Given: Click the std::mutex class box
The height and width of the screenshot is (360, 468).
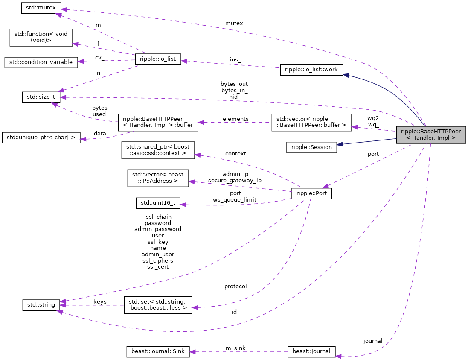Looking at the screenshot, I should tap(41, 8).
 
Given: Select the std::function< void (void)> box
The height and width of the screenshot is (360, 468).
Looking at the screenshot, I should tap(41, 38).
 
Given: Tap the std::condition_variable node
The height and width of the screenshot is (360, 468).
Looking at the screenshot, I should tap(41, 62).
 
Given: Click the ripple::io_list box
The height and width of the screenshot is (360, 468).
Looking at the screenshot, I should tap(158, 59).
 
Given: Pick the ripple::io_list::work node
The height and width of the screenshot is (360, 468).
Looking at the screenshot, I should tap(311, 70).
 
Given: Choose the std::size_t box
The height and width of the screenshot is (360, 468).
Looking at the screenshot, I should tap(41, 97).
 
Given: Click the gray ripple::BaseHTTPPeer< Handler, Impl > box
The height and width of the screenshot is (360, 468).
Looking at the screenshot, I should tap(431, 135).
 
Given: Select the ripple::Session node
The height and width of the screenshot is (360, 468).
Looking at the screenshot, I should tap(311, 147).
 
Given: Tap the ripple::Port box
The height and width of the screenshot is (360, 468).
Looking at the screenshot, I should tap(311, 193).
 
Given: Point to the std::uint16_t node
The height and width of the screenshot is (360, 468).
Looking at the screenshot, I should tap(158, 203).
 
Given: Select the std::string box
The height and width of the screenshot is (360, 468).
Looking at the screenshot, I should tap(41, 304).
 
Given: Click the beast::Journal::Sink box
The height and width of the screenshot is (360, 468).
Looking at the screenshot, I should tap(158, 351).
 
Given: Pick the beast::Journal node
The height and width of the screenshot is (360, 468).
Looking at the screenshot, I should tap(311, 351).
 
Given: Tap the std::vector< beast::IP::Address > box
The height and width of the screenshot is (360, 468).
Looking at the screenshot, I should tap(158, 178).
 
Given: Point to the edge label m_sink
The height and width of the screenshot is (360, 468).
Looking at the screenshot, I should tap(235, 348).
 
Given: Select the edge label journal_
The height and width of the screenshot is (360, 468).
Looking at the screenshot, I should tap(374, 341).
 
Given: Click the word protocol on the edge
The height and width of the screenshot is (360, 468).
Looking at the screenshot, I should tap(235, 286).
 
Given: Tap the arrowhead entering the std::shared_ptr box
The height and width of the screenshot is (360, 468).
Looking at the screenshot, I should tap(198, 155).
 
